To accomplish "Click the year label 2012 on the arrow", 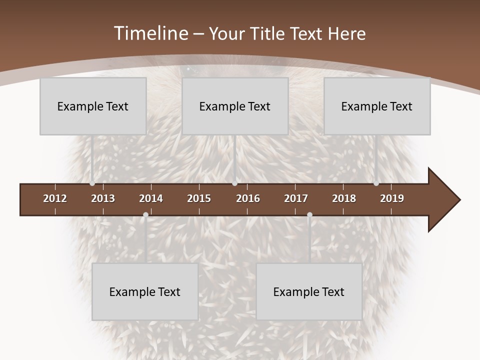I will pyautogui.click(x=55, y=198).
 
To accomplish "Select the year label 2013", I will pyautogui.click(x=103, y=198).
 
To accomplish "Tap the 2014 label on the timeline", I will pyautogui.click(x=151, y=198).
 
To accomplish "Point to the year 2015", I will pyautogui.click(x=199, y=198).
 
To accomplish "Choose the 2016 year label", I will pyautogui.click(x=248, y=198).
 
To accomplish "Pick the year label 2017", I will pyautogui.click(x=296, y=198).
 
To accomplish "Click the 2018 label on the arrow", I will pyautogui.click(x=344, y=198).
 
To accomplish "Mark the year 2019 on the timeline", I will pyautogui.click(x=392, y=198).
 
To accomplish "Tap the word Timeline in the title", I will pyautogui.click(x=150, y=33).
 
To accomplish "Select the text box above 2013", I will pyautogui.click(x=93, y=106).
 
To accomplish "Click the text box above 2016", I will pyautogui.click(x=235, y=106).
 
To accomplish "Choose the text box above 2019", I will pyautogui.click(x=377, y=106).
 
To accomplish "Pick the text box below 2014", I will pyautogui.click(x=145, y=291).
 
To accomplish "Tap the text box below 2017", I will pyautogui.click(x=309, y=291).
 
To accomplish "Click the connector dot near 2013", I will pyautogui.click(x=92, y=183).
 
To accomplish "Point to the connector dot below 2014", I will pyautogui.click(x=145, y=215).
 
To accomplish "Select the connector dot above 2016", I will pyautogui.click(x=234, y=183).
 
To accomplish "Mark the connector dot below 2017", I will pyautogui.click(x=309, y=215).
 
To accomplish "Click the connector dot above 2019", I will pyautogui.click(x=376, y=183).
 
